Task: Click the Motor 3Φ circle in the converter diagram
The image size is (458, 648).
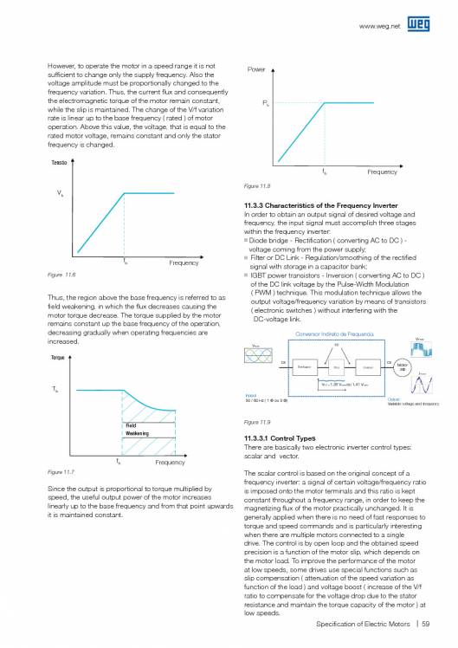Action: [x=401, y=367]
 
